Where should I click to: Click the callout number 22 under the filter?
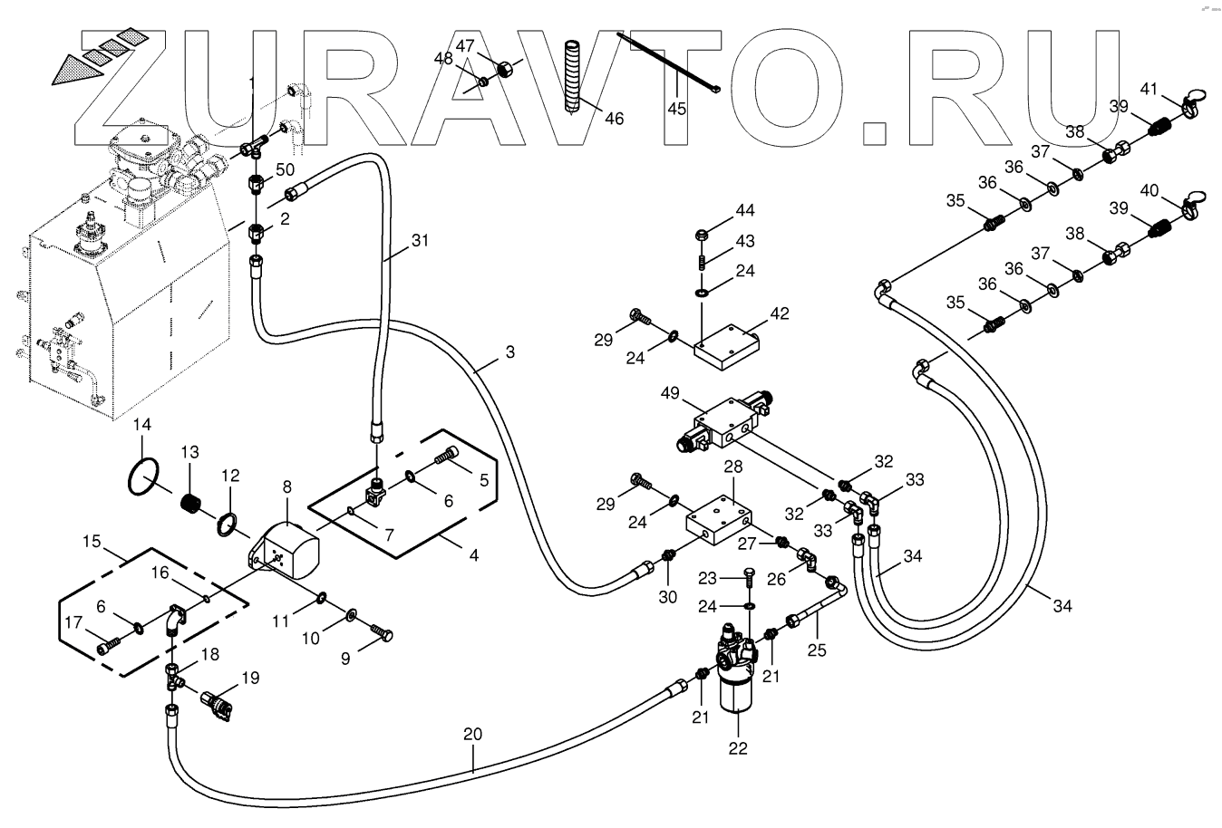pyautogui.click(x=738, y=748)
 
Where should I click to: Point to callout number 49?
pyautogui.click(x=670, y=393)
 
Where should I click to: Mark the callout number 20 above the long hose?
pyautogui.click(x=472, y=735)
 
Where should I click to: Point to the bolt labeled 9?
pyautogui.click(x=382, y=632)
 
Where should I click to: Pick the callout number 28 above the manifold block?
pyautogui.click(x=732, y=467)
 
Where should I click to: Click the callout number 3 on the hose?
pyautogui.click(x=510, y=351)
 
